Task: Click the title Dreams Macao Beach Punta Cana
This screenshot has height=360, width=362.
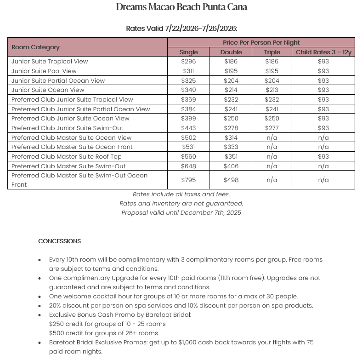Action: coord(181,7)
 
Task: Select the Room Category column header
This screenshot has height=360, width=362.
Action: coord(35,47)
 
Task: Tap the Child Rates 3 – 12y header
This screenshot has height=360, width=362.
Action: coord(323,52)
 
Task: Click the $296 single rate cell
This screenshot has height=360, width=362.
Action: coord(188,61)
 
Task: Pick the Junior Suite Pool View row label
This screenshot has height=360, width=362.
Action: coord(44,71)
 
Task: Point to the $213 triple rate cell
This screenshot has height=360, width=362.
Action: coord(271,90)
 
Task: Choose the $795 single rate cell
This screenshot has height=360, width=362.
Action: coord(188,180)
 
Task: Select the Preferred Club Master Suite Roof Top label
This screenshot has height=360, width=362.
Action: coord(67,156)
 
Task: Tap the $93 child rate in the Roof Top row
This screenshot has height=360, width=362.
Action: coord(323,156)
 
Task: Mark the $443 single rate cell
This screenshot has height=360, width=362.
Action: coord(188,128)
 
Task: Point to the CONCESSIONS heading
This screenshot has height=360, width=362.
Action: coord(59,241)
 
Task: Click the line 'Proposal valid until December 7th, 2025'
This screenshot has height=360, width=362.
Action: coord(181,212)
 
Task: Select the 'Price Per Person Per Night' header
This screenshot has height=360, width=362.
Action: coord(260,42)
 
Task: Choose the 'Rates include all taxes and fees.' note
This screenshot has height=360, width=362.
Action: coord(181,194)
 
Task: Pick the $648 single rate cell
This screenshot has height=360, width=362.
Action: coord(188,166)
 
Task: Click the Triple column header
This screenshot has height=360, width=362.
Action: coord(271,52)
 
